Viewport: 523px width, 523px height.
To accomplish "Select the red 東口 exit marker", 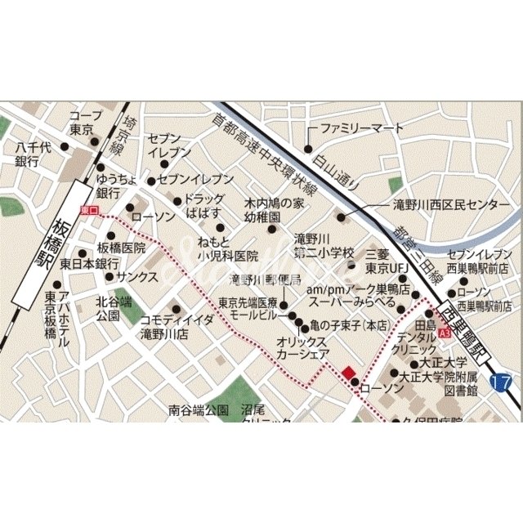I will click(89, 210).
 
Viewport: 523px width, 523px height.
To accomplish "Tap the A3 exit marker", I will click(444, 334).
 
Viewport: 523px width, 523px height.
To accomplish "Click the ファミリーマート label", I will click(360, 128).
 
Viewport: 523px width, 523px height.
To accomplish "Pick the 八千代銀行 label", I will click(33, 154).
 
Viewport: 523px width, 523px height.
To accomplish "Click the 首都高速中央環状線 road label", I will click(260, 152).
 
